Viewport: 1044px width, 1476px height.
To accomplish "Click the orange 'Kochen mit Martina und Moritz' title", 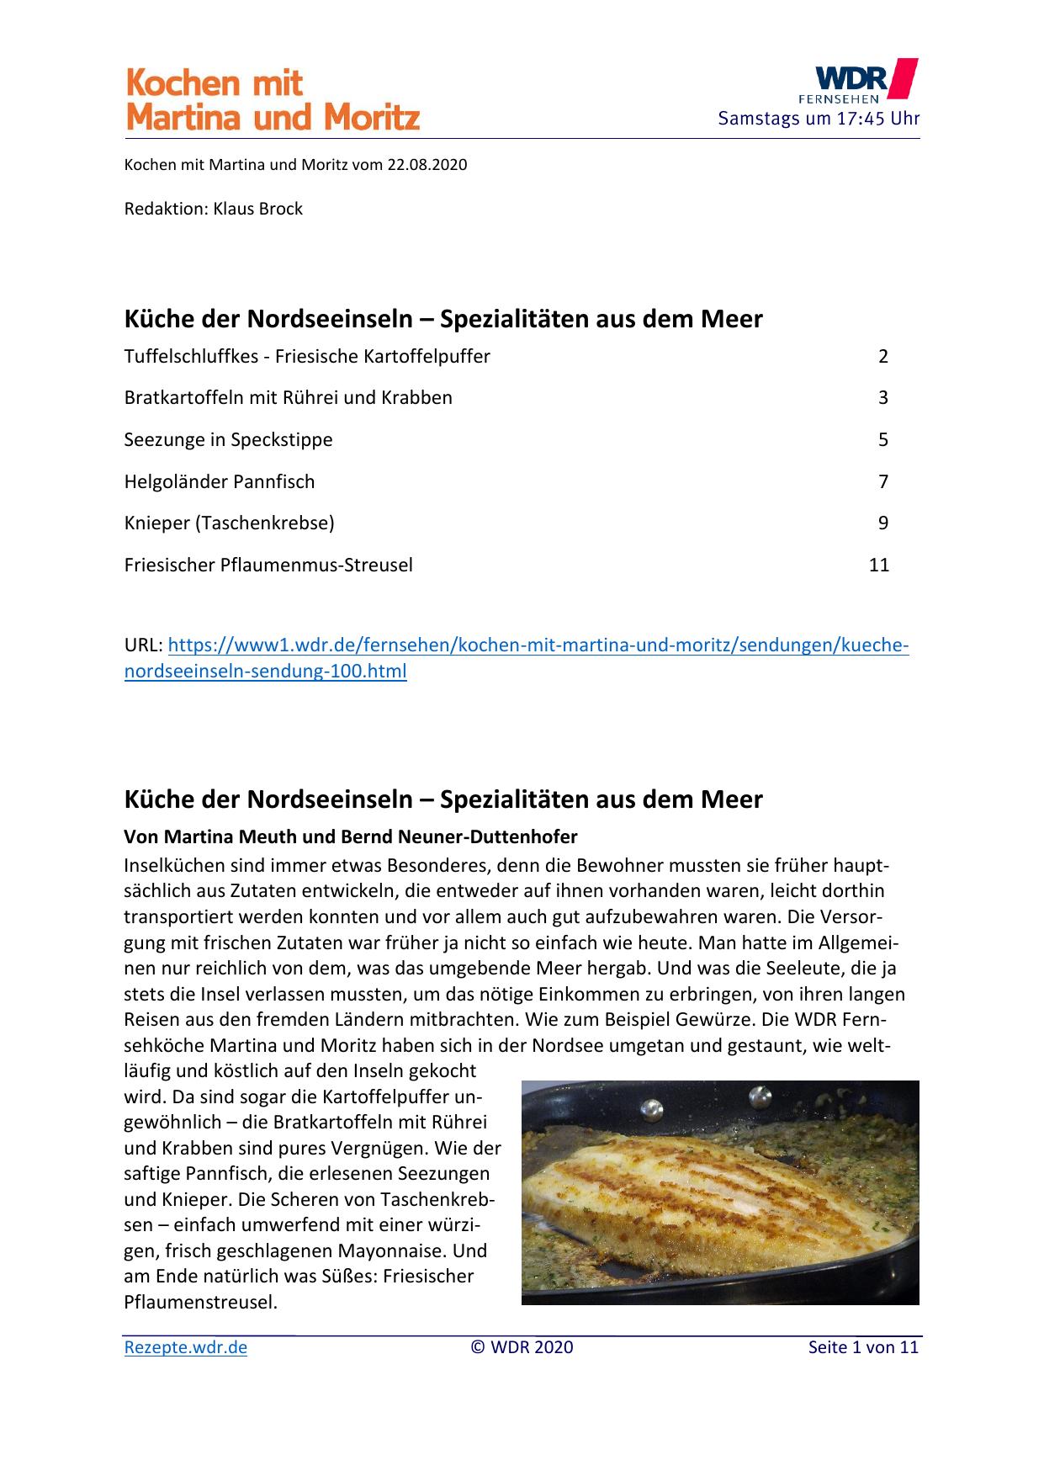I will (272, 100).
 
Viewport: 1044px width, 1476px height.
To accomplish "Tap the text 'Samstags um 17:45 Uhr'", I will (818, 119).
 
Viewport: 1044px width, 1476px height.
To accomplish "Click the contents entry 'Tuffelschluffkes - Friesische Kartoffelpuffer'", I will (307, 357).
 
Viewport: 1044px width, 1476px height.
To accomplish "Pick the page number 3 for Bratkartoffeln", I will (883, 398).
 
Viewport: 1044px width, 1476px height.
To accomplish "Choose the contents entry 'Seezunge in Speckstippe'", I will (228, 440).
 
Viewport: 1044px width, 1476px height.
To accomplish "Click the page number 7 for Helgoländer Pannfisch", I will (883, 482).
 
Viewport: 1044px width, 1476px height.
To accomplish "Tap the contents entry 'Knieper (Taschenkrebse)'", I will (229, 523).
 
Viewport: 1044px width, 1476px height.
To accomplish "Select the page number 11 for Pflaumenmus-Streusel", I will (879, 565).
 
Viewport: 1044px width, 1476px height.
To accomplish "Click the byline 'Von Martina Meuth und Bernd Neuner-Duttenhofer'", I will (351, 837).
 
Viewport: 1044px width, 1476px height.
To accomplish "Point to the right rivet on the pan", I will (760, 1096).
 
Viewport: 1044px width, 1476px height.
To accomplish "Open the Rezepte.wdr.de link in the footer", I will (186, 1347).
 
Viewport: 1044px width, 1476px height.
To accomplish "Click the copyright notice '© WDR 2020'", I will (522, 1347).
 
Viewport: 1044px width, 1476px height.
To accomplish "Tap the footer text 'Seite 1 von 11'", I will (863, 1347).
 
